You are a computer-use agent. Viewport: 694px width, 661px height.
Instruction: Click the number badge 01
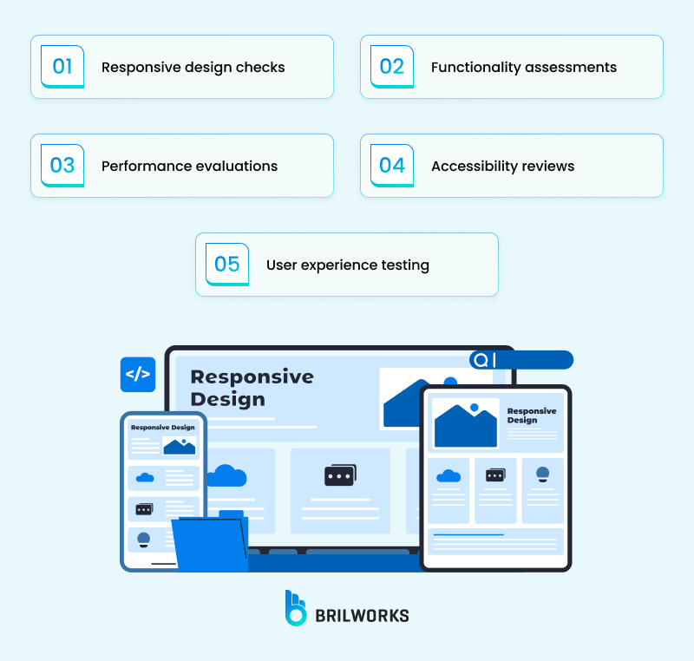(62, 67)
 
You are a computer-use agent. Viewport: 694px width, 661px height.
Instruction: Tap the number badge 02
(392, 67)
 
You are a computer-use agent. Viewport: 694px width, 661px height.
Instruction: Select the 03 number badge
(62, 166)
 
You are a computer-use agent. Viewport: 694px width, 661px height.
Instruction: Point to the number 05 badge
(227, 265)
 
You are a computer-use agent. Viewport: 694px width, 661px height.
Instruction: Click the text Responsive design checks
(193, 68)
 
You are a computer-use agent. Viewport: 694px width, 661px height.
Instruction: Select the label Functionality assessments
(523, 68)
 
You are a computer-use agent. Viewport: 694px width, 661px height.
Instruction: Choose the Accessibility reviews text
(502, 166)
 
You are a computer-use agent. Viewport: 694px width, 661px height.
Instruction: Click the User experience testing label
(347, 265)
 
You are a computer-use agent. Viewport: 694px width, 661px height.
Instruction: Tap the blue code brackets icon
(138, 375)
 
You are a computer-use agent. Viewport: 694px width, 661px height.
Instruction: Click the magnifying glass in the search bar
(481, 360)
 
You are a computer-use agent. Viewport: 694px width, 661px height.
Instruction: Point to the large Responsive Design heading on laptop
(252, 388)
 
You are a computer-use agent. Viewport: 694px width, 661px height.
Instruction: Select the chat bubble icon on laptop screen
(340, 475)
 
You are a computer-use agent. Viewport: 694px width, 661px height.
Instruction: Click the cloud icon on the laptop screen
(227, 475)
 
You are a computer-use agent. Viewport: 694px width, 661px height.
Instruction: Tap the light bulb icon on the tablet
(542, 474)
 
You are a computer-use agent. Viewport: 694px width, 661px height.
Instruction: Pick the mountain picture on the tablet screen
(465, 424)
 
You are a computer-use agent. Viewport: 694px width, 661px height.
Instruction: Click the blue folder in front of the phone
(211, 543)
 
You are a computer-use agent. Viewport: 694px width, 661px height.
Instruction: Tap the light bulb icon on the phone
(144, 540)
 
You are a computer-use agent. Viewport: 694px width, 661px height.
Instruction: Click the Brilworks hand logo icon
(296, 608)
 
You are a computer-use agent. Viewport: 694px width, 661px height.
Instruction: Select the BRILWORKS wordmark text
(363, 615)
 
